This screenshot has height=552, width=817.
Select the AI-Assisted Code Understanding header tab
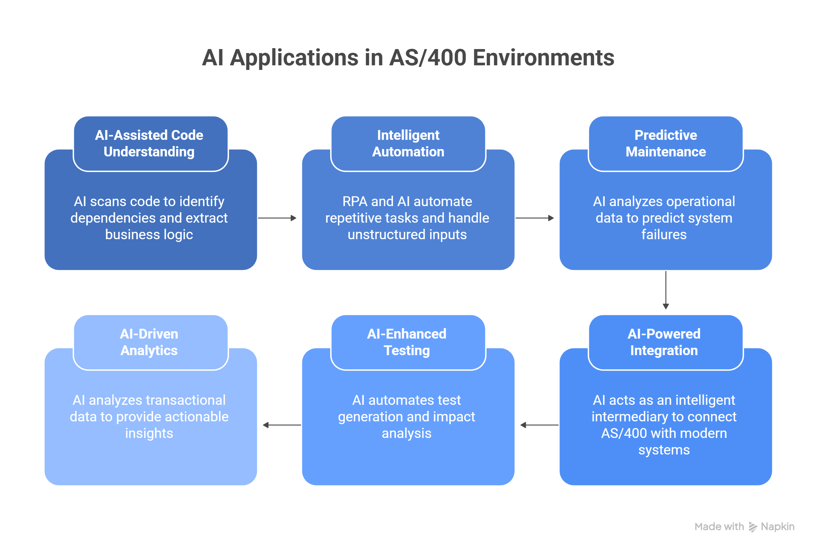coord(151,144)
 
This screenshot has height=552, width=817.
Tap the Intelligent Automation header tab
coord(408,144)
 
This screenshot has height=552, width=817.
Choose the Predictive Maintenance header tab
coord(665,144)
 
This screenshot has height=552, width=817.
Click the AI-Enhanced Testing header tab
coord(407,342)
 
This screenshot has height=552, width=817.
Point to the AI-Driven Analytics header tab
coord(149,342)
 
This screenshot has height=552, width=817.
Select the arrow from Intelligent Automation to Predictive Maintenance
coord(534,218)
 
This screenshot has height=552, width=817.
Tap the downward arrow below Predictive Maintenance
coord(666,290)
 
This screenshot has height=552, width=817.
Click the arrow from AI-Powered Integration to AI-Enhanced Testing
coord(539,425)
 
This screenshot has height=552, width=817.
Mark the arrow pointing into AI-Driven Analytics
coord(282,425)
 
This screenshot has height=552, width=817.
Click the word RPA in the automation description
coord(355,201)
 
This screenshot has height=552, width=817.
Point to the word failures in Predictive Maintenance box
coord(664,235)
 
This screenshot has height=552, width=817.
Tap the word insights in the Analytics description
coord(149,433)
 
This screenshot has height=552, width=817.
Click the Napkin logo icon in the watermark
coord(752,527)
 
